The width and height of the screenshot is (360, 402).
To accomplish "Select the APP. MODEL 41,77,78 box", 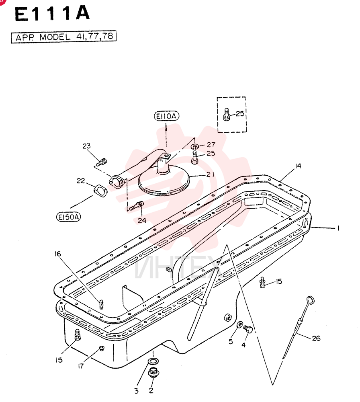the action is point(64,37).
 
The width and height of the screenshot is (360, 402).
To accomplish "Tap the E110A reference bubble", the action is point(166,116).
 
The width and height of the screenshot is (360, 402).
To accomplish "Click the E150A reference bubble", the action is point(68,217).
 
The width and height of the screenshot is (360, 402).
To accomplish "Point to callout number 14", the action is point(298,166).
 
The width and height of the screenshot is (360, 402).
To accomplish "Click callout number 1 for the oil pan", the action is point(338,228).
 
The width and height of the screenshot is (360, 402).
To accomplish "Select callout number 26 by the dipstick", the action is point(316,338).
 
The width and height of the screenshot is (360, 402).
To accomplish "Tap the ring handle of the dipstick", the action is point(311,300).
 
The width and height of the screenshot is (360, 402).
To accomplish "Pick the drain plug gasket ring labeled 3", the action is point(153,361).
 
